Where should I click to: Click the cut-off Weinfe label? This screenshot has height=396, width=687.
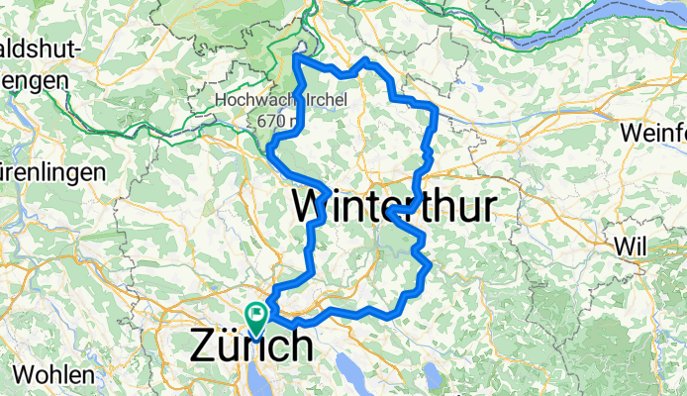[653, 133]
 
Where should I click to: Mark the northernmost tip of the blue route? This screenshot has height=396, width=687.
[297, 55]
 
